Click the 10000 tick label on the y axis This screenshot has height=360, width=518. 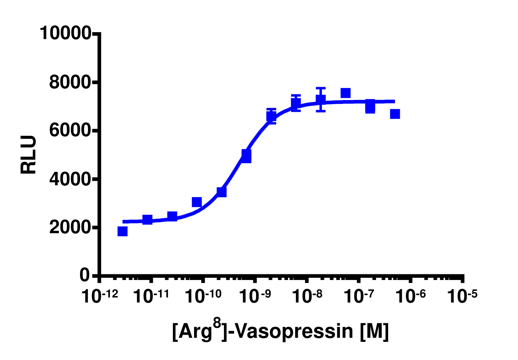(65, 33)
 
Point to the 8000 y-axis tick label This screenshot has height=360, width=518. (70, 82)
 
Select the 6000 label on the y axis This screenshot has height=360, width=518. (70, 130)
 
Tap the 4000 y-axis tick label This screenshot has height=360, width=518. (70, 179)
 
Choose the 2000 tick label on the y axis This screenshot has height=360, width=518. (70, 227)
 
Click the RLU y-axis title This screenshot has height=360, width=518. (29, 155)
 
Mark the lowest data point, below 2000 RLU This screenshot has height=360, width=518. (122, 231)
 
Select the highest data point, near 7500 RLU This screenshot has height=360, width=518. (345, 93)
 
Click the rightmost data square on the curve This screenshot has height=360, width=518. (395, 114)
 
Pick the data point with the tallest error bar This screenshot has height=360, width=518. (321, 100)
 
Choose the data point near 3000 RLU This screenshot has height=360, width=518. (197, 202)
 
